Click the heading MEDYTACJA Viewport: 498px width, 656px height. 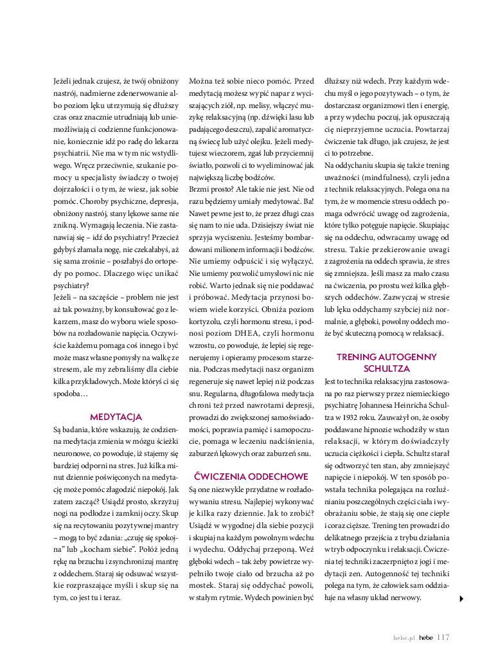point(116,417)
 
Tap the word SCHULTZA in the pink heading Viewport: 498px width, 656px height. point(386,369)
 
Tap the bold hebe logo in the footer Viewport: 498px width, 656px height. point(425,638)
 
